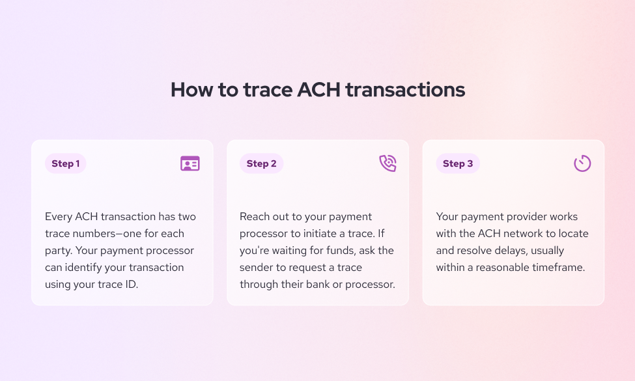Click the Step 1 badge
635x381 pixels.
(x=65, y=163)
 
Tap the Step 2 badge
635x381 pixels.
(x=261, y=163)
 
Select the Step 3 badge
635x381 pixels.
(x=458, y=163)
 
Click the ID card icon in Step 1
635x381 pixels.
(x=190, y=163)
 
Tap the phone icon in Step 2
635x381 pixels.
(x=388, y=163)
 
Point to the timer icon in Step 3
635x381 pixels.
(x=582, y=163)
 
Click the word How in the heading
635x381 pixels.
(x=191, y=90)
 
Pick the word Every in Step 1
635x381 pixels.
(x=59, y=216)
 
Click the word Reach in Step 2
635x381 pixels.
(x=255, y=216)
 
